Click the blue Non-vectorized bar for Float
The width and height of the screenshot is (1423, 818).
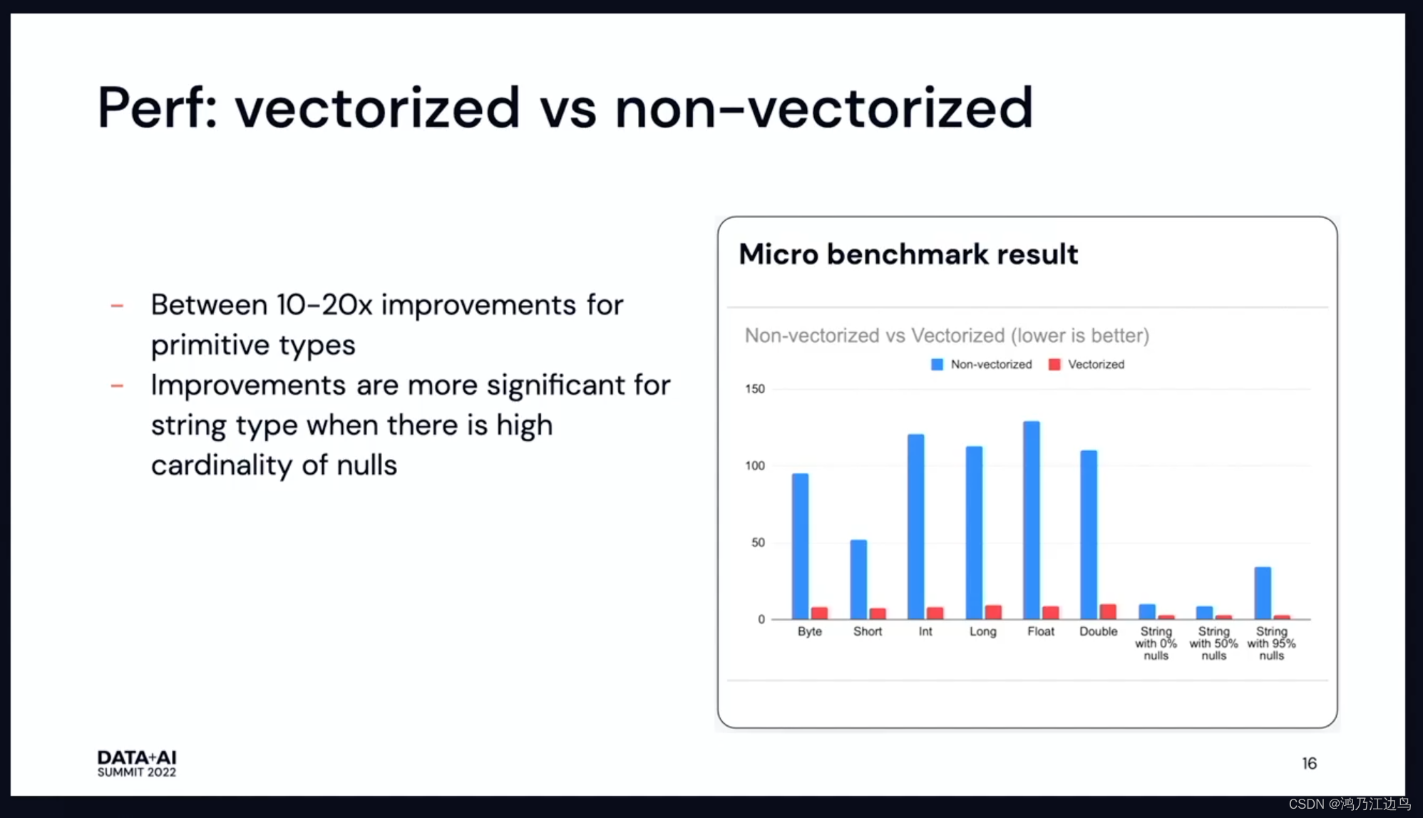tap(1031, 519)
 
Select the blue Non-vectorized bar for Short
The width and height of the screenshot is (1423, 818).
tap(858, 579)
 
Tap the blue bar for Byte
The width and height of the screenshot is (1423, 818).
tap(801, 546)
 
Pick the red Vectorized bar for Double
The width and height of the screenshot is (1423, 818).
tap(1108, 611)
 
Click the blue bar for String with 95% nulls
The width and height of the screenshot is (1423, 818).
tap(1263, 593)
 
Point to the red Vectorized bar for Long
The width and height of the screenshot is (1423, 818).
tap(993, 611)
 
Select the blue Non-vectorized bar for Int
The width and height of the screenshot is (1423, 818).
tap(916, 526)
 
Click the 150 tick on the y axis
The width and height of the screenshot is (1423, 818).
tap(754, 389)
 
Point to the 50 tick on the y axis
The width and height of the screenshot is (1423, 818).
tap(758, 543)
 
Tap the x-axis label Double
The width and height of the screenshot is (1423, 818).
tap(1098, 631)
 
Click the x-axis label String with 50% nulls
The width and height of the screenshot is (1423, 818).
tap(1213, 643)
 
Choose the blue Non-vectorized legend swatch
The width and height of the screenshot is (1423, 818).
tap(937, 365)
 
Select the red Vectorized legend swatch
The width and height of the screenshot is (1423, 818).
tap(1054, 365)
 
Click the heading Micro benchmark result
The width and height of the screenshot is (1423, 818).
tap(908, 254)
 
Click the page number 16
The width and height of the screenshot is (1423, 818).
tap(1309, 764)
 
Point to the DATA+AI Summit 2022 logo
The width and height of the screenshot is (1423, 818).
tap(137, 763)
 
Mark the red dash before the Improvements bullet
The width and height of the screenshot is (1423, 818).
tap(118, 386)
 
